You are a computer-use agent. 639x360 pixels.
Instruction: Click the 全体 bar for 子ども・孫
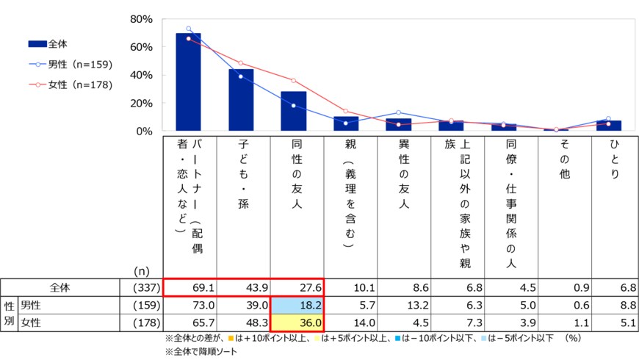[x=242, y=100]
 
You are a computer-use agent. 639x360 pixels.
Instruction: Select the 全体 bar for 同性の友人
[x=294, y=112]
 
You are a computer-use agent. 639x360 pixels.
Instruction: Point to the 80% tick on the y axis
[x=140, y=19]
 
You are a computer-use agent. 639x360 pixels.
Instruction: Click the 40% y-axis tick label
[x=140, y=75]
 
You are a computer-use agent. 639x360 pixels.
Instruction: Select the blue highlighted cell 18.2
[x=297, y=304]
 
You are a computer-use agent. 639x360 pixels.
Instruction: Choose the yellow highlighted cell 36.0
[x=297, y=323]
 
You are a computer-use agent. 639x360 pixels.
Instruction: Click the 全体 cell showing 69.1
[x=190, y=287]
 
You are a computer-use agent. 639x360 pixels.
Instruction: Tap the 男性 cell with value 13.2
[x=404, y=304]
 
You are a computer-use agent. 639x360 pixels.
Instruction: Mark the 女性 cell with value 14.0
[x=351, y=323]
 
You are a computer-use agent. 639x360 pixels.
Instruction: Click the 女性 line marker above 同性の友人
[x=294, y=80]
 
